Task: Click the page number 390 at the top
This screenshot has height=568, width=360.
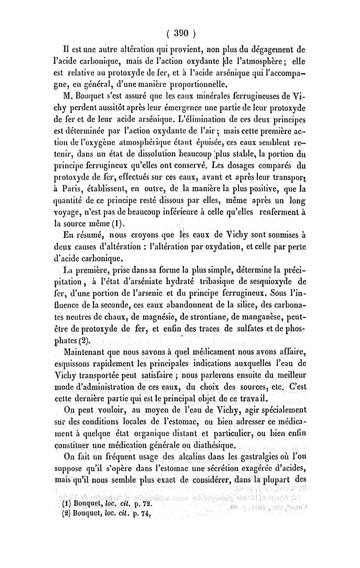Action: click(x=180, y=34)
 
